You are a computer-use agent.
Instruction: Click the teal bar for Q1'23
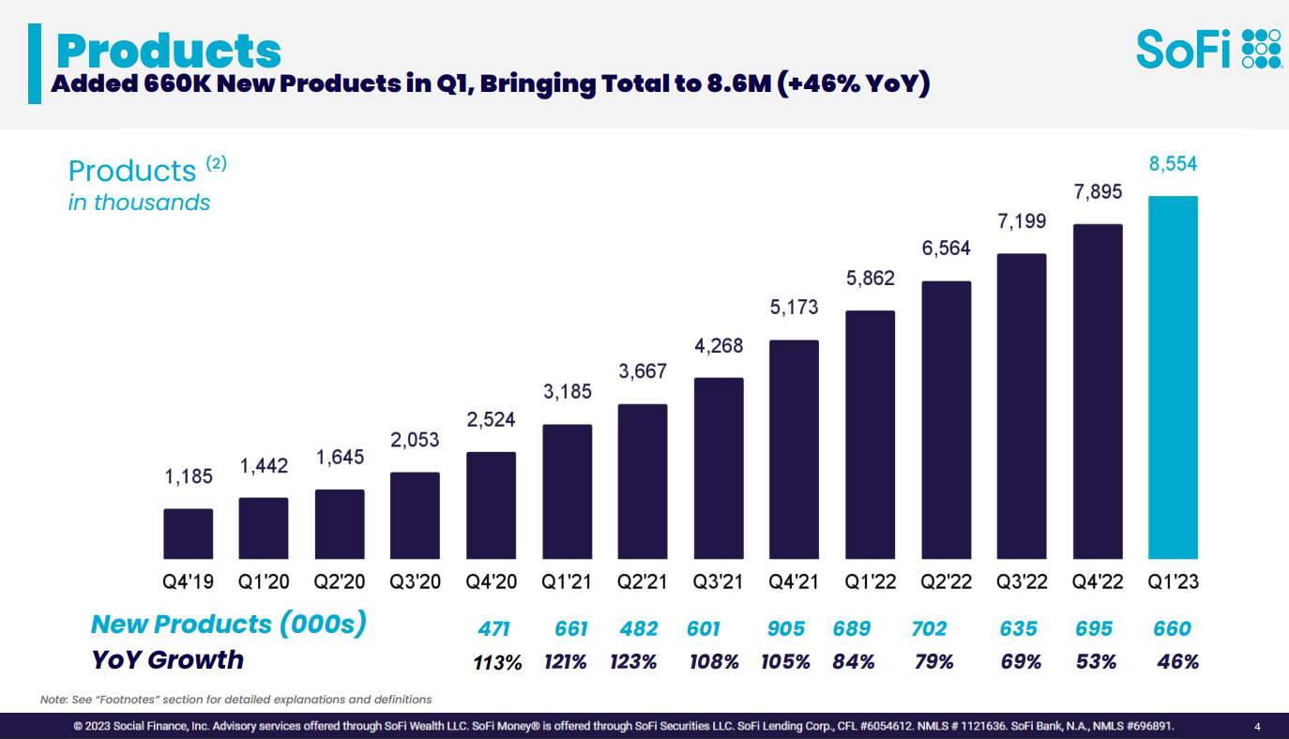pyautogui.click(x=1173, y=377)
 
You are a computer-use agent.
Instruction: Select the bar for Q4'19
pyautogui.click(x=189, y=534)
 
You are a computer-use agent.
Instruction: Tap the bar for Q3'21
pyautogui.click(x=719, y=468)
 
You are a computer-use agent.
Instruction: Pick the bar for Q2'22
pyautogui.click(x=946, y=420)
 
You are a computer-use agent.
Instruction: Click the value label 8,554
pyautogui.click(x=1173, y=164)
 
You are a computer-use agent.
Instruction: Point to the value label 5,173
pyautogui.click(x=794, y=308)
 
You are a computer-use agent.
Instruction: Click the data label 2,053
pyautogui.click(x=415, y=441)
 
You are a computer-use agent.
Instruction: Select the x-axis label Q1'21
pyautogui.click(x=567, y=582)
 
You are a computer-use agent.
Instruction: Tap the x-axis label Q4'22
pyautogui.click(x=1098, y=582)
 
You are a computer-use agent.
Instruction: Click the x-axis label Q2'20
pyautogui.click(x=339, y=582)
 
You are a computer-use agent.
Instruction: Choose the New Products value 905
pyautogui.click(x=786, y=628)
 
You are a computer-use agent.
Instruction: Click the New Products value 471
pyautogui.click(x=493, y=628)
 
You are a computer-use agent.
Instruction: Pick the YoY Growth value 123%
pyautogui.click(x=633, y=662)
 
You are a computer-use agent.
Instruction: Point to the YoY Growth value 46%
pyautogui.click(x=1178, y=662)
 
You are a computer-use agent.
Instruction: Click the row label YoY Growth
pyautogui.click(x=167, y=659)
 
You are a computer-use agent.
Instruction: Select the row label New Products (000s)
pyautogui.click(x=229, y=624)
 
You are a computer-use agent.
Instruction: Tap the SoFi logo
pyautogui.click(x=1209, y=49)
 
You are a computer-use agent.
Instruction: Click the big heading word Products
pyautogui.click(x=169, y=51)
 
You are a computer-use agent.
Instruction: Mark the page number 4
pyautogui.click(x=1257, y=727)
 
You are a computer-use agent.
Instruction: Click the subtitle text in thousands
pyautogui.click(x=139, y=203)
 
